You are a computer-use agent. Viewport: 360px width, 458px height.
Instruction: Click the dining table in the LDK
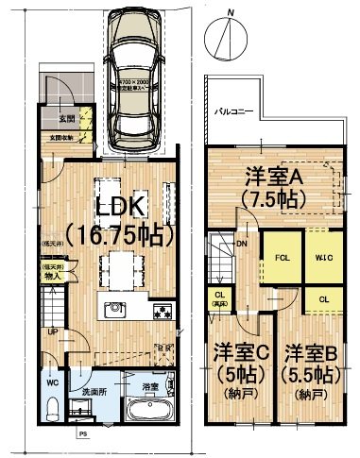coord(121,263)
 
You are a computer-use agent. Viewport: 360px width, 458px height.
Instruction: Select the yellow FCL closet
coord(282,257)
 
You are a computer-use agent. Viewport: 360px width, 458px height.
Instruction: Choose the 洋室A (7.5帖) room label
coord(272,185)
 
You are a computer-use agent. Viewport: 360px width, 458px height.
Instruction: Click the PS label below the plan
coord(82,435)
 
